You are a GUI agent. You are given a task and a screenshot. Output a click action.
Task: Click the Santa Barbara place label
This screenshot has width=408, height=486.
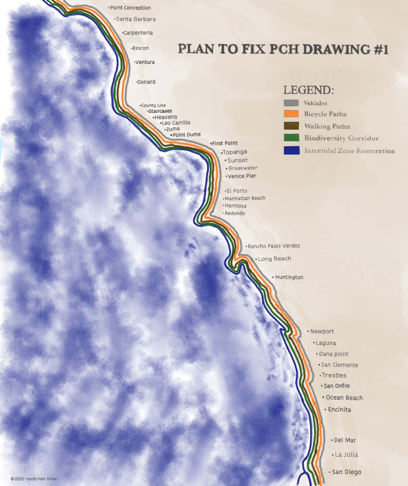136,19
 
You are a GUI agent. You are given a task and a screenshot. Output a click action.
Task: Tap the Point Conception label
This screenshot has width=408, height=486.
130,8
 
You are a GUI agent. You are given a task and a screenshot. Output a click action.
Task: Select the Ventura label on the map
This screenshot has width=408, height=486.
145,62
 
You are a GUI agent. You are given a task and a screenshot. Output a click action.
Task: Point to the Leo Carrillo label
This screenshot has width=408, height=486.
176,123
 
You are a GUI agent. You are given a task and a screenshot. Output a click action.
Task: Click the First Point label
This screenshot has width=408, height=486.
224,143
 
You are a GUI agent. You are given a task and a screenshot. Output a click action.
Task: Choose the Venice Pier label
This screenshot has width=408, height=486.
242,176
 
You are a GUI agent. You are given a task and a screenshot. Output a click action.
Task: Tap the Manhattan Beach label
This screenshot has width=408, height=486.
245,198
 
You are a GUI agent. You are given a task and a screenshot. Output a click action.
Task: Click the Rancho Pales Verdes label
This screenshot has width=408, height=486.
273,246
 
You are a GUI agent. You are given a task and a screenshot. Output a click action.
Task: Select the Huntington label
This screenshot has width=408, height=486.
289,277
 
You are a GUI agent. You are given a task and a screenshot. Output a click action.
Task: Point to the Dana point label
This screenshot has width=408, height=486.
333,354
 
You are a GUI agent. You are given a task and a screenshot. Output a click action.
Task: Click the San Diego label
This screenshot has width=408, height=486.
346,472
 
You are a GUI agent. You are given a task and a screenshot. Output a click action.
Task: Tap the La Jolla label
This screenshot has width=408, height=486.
346,455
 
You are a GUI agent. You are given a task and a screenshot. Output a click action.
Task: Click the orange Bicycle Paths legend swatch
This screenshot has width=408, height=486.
291,114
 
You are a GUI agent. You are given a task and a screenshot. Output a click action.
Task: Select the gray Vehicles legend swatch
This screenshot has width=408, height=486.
291,103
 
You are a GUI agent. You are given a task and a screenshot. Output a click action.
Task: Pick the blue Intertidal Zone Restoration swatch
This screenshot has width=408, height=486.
292,150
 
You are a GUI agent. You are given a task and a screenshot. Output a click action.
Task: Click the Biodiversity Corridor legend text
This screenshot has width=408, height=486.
341,138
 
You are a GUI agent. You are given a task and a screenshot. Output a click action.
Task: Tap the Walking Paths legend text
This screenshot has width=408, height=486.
327,126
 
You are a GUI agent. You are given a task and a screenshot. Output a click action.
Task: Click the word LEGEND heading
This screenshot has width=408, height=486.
308,90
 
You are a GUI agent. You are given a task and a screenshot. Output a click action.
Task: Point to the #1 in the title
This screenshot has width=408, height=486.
381,50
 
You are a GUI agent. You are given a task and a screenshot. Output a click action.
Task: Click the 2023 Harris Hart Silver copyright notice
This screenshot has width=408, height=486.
34,479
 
